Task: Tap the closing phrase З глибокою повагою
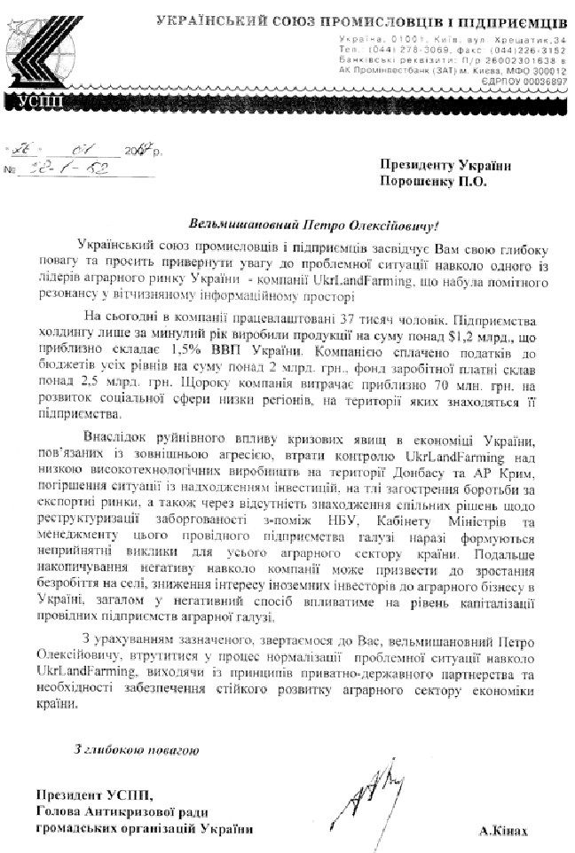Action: (135, 752)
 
